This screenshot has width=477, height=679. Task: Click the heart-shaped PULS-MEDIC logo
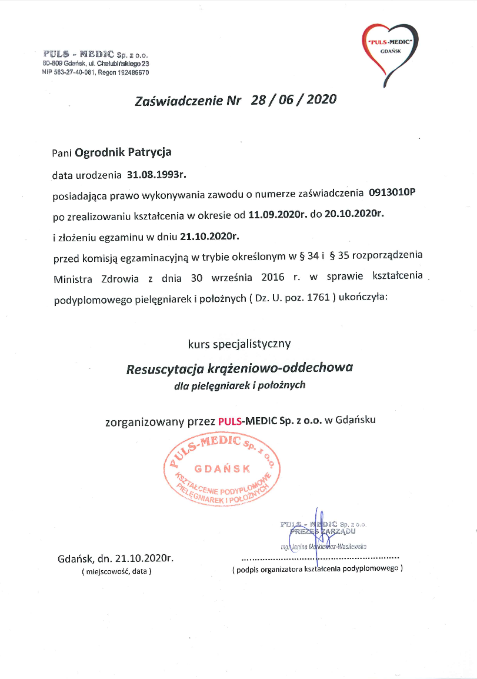tap(391, 49)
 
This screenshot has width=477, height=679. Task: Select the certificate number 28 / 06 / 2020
tap(293, 99)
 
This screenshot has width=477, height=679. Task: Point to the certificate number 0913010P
tap(392, 192)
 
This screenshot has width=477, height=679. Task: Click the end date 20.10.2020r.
tap(353, 215)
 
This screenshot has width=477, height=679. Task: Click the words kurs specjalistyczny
tap(239, 342)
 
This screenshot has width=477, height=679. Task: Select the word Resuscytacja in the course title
tap(165, 369)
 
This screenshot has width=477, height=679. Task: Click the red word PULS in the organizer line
tap(229, 421)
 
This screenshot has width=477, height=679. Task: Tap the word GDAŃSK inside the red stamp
tap(222, 468)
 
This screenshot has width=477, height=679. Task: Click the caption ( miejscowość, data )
tap(116, 571)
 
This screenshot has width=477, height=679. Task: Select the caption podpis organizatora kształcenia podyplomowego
tap(318, 569)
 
